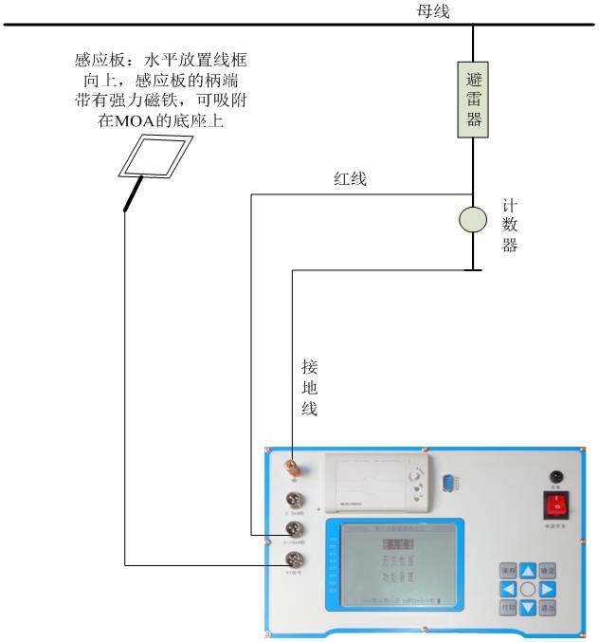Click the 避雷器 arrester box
coord(472,100)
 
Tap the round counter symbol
coord(472,219)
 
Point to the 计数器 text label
coord(510,226)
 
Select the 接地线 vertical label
coord(309,388)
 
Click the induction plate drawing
coord(156,156)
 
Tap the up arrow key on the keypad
coord(528,571)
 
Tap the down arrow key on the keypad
coord(528,607)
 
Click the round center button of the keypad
coord(528,589)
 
